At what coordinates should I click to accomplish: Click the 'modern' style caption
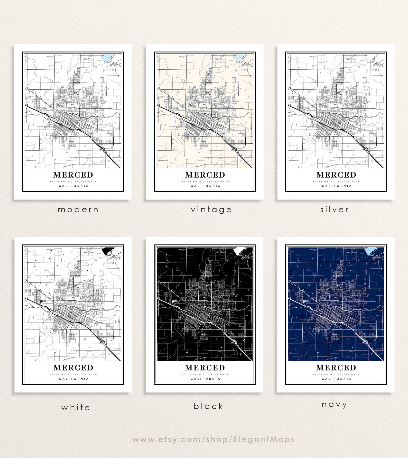(78, 210)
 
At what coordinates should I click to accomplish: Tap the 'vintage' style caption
(211, 210)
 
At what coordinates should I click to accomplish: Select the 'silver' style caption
(335, 210)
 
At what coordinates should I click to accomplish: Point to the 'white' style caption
(76, 407)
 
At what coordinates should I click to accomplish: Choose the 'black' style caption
(208, 406)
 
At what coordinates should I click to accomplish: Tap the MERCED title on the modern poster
(73, 175)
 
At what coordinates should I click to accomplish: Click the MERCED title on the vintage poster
(205, 175)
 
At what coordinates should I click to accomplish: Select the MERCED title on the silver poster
(336, 175)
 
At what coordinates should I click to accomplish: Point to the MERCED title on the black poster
(205, 368)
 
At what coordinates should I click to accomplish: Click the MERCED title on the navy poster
(336, 368)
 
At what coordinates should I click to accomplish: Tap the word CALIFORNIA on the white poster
(74, 379)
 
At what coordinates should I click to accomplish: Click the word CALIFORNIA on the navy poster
(337, 379)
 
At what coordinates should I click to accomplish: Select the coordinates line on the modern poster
(73, 182)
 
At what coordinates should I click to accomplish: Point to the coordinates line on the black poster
(205, 374)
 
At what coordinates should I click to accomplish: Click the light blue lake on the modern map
(106, 59)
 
